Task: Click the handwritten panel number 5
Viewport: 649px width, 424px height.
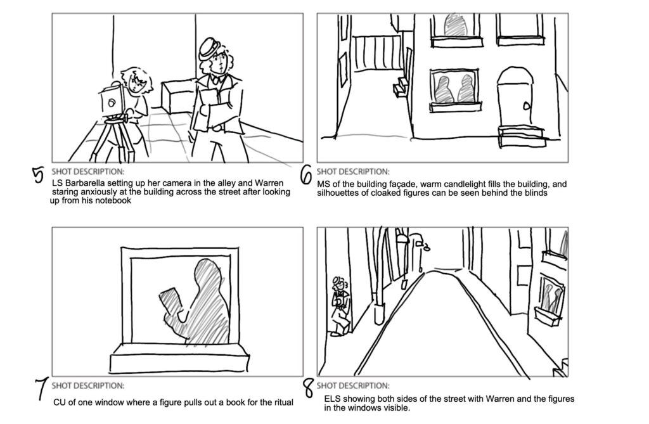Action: (x=38, y=175)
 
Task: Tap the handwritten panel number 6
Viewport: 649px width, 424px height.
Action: (x=305, y=175)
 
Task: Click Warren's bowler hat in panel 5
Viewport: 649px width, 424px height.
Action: (x=208, y=49)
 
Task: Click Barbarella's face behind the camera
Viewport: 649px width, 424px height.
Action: (x=137, y=83)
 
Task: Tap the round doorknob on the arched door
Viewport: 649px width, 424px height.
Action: (x=526, y=106)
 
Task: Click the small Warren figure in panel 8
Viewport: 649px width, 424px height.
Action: (x=340, y=305)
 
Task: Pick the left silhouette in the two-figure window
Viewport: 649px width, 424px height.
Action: (x=444, y=90)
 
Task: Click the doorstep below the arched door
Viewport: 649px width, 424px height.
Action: (x=522, y=137)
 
